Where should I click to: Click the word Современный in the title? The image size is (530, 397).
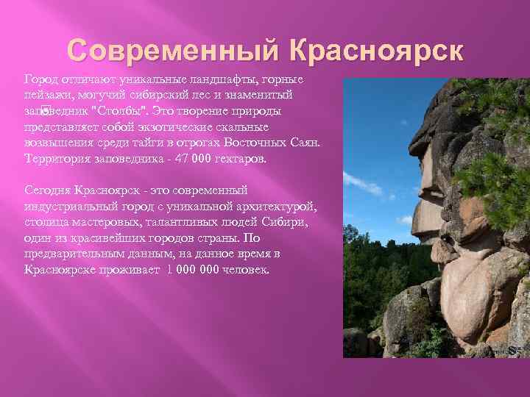172,51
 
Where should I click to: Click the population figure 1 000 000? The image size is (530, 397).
193,270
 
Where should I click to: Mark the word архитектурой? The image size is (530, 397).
281,206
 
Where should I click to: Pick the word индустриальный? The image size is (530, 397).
66,206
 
